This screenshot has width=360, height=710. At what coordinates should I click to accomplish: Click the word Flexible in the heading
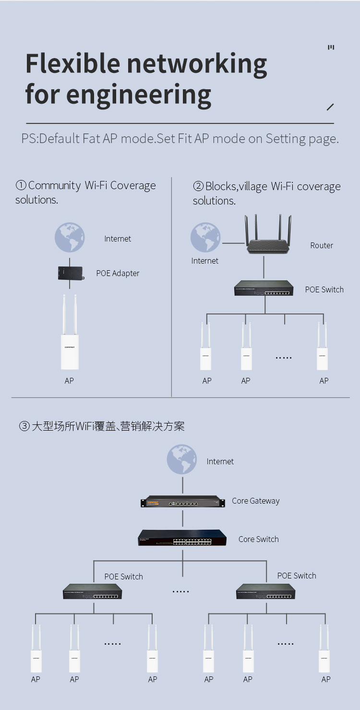(x=72, y=63)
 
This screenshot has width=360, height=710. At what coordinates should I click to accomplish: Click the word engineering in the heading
(x=139, y=95)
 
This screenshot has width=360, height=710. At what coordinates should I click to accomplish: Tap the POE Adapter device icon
(x=70, y=273)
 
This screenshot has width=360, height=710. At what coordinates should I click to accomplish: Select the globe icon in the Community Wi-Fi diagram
(x=70, y=238)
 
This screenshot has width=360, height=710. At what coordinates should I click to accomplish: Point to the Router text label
(x=321, y=245)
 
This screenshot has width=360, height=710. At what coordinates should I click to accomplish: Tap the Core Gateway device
(x=182, y=502)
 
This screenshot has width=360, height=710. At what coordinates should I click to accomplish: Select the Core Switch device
(x=182, y=538)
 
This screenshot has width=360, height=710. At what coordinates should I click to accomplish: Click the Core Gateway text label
(x=255, y=501)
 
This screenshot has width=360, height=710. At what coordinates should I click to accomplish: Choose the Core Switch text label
(x=258, y=539)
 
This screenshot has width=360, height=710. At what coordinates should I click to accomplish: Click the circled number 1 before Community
(x=21, y=186)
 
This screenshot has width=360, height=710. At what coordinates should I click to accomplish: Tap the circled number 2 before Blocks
(x=198, y=187)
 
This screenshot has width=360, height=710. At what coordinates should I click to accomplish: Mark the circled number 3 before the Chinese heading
(x=24, y=426)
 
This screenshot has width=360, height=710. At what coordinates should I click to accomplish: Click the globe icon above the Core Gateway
(x=182, y=459)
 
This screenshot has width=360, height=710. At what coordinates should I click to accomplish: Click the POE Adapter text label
(x=118, y=273)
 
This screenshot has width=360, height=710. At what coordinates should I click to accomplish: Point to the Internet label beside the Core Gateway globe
(x=220, y=461)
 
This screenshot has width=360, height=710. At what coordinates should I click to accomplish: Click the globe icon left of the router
(x=205, y=238)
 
